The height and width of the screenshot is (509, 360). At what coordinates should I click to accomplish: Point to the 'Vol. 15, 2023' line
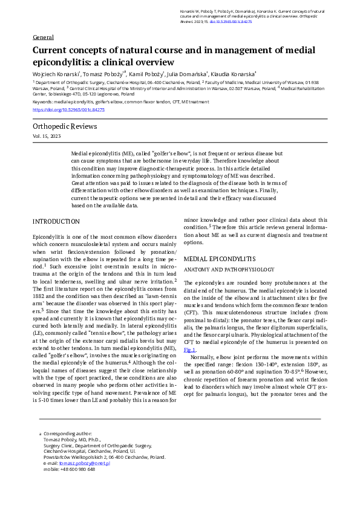tap(47, 137)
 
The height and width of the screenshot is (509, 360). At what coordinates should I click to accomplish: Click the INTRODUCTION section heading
tap(56, 222)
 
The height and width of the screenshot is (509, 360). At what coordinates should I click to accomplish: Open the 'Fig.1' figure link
tap(190, 349)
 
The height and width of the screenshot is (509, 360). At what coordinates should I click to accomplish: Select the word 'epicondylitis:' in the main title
tap(61, 62)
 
